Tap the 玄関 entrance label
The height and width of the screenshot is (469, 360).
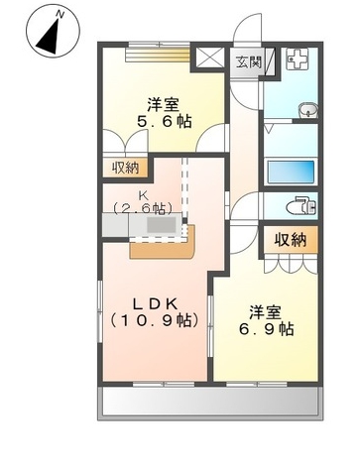pos(248,61)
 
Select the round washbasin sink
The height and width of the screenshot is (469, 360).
pos(303,108)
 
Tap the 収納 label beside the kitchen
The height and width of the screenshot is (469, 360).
pos(126,168)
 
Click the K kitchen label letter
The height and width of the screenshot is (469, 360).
pos(145,193)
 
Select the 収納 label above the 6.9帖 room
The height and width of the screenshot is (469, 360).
pos(290,240)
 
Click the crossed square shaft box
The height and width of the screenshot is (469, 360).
pos(212,59)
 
